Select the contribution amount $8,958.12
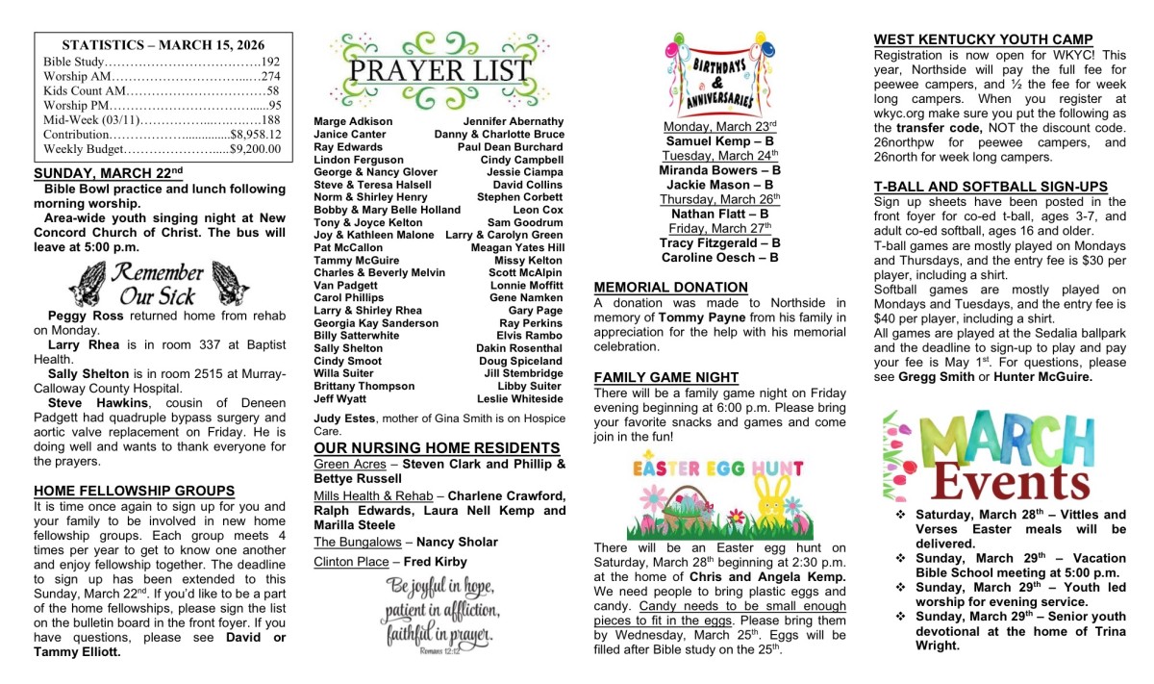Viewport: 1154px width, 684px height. pyautogui.click(x=255, y=135)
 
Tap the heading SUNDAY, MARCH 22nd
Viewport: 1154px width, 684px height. pyautogui.click(x=108, y=173)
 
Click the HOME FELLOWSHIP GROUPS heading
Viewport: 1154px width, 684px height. pyautogui.click(x=134, y=491)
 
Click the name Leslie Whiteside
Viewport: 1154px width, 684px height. pyautogui.click(x=519, y=398)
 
